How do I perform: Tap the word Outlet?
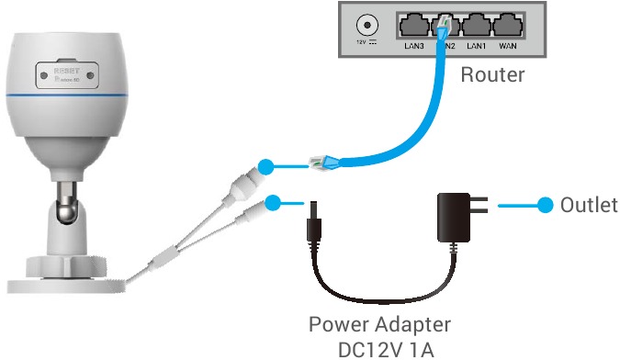click(589, 205)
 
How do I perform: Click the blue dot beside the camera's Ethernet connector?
click(265, 167)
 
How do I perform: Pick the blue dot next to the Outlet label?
click(546, 205)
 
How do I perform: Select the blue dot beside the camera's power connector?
click(273, 202)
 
